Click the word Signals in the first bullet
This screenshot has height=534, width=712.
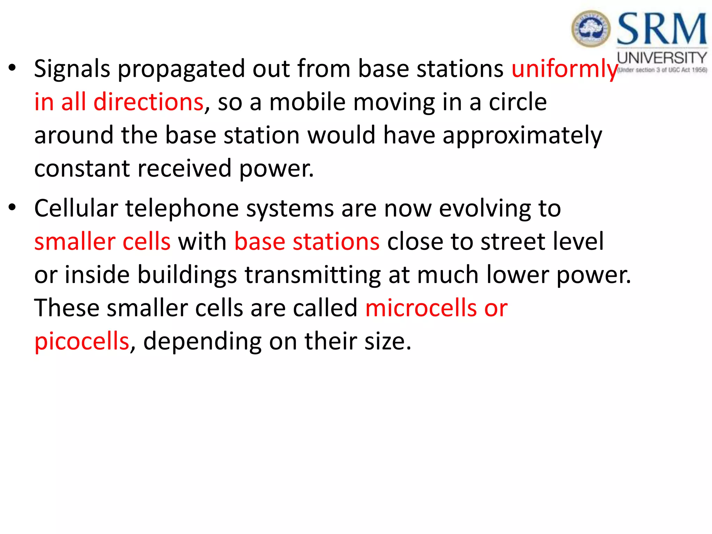point(72,69)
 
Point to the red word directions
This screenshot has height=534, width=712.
point(148,102)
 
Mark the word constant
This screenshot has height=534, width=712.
point(82,169)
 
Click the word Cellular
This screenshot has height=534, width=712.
point(76,209)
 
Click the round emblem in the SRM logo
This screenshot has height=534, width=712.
point(591,29)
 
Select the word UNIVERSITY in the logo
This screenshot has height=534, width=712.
point(662,58)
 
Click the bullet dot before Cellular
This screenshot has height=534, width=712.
point(13,208)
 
